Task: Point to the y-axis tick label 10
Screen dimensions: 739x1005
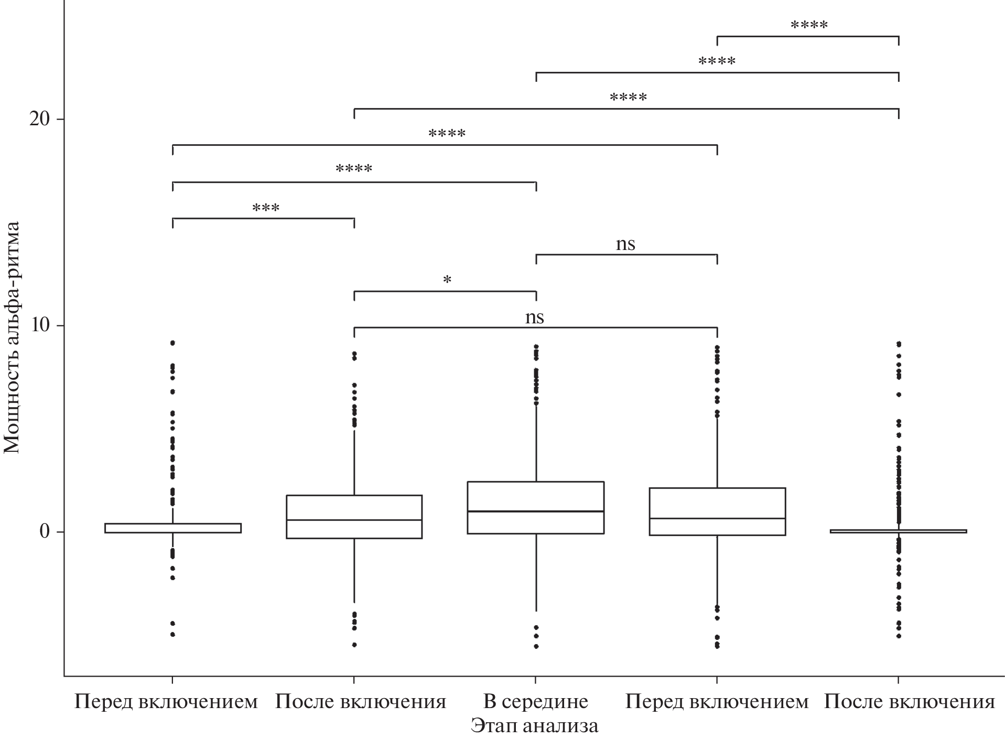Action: click(40, 325)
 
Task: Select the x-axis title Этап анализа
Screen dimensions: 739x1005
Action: click(534, 726)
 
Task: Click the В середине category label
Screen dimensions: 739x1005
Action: click(535, 701)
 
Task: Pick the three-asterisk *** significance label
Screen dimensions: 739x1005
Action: click(266, 208)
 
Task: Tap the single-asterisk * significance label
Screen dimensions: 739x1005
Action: click(447, 280)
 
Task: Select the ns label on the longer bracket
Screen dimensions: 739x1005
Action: click(535, 317)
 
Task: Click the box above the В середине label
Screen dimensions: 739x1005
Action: click(535, 495)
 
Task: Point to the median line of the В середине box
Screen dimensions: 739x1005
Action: click(535, 511)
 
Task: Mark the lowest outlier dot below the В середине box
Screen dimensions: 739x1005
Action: click(536, 646)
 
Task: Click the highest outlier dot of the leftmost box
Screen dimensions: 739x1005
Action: click(172, 343)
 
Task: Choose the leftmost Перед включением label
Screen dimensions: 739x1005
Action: click(166, 701)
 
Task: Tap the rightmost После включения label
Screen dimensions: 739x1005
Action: click(909, 701)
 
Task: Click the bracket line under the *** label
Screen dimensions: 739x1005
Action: click(263, 218)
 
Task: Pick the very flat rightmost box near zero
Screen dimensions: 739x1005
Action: click(899, 531)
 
